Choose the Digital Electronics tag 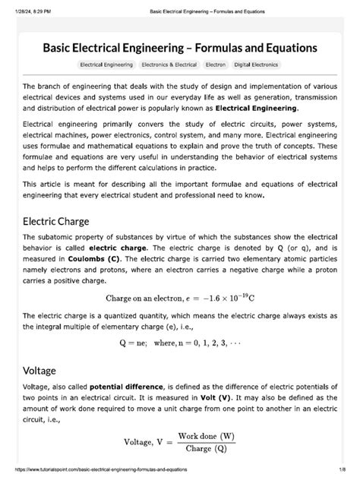(256, 65)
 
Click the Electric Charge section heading (56, 222)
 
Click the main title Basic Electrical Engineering (180, 47)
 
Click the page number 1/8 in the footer (342, 473)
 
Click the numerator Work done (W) (206, 436)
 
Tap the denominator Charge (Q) (206, 448)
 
